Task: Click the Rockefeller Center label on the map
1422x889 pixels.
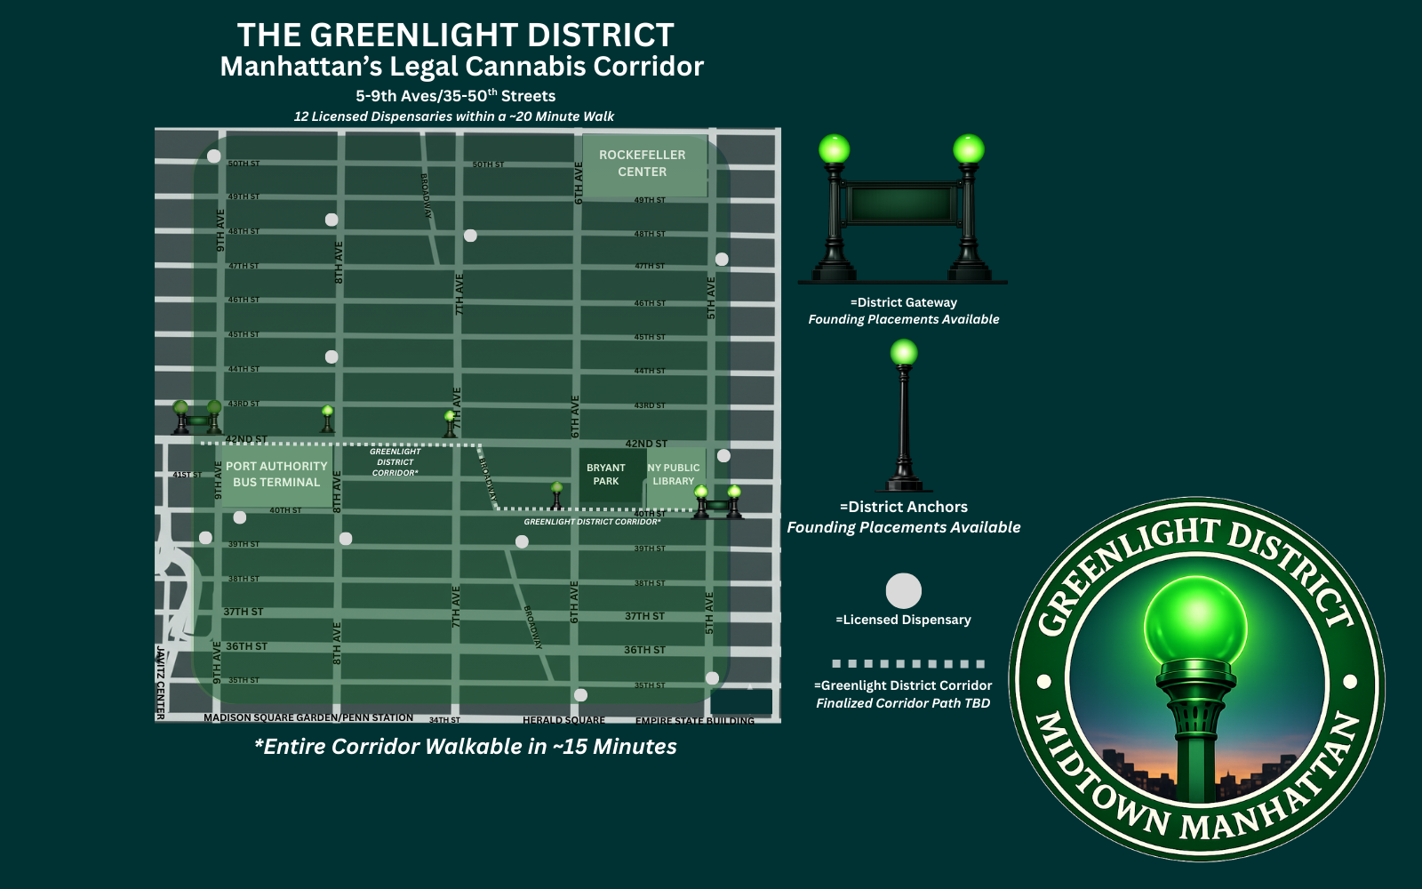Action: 642,164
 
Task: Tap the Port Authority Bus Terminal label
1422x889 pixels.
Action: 276,474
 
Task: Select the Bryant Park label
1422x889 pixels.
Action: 605,474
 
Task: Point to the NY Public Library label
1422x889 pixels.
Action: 674,474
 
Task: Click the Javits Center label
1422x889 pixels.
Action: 160,683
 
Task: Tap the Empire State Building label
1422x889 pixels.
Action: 694,720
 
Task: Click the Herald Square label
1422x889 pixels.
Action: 563,720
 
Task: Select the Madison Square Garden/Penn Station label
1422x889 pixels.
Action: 308,717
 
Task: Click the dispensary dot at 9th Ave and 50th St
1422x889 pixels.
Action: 214,156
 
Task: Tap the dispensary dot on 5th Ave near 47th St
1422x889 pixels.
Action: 722,260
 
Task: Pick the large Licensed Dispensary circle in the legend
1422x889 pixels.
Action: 903,590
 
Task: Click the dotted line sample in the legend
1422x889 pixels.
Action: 907,664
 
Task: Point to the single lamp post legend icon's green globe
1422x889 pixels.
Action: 904,353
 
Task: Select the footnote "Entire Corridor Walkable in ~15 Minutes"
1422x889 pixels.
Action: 466,747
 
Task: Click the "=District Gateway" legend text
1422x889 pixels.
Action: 904,302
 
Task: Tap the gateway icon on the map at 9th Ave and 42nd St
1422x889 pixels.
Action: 197,418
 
